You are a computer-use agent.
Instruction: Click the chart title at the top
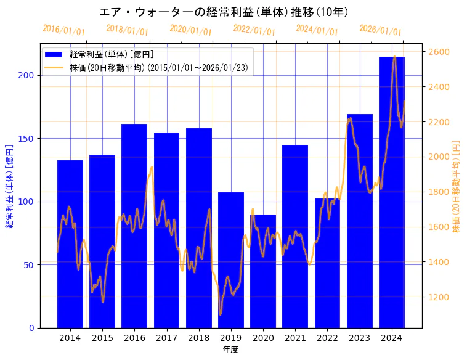click(x=224, y=12)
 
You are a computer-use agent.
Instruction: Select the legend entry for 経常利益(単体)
click(x=112, y=55)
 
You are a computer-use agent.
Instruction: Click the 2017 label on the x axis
click(x=166, y=338)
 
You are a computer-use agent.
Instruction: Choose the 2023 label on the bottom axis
click(x=359, y=338)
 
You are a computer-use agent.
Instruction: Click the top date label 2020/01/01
click(x=190, y=30)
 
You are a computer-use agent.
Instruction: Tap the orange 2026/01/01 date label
click(x=380, y=30)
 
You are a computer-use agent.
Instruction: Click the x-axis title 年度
click(x=230, y=350)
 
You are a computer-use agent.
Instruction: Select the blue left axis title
click(x=9, y=186)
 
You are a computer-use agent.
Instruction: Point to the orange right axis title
click(x=457, y=186)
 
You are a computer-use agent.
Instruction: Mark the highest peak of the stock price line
click(x=394, y=57)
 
